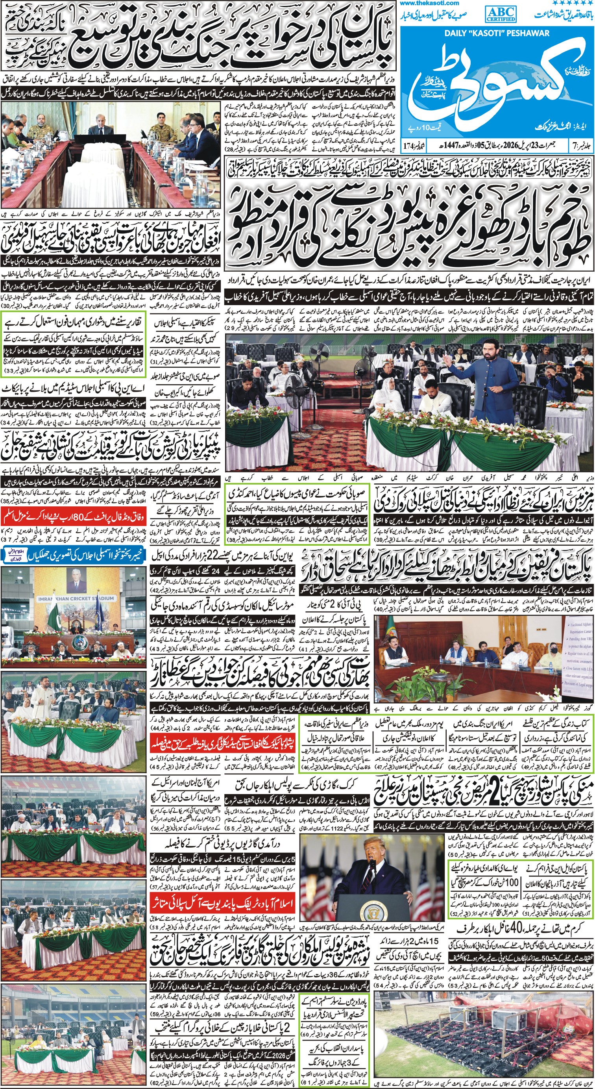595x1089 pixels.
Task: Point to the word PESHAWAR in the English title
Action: (531, 33)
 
